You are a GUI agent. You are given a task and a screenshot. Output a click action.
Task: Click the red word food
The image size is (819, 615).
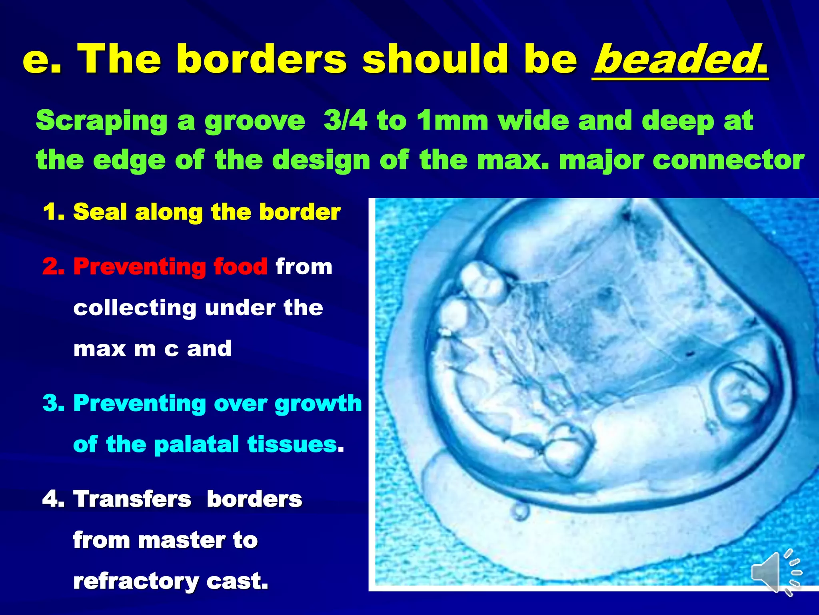point(240,266)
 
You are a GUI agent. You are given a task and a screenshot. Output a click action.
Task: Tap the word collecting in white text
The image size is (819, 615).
point(135,308)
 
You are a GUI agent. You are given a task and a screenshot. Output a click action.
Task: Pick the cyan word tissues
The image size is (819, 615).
point(292,444)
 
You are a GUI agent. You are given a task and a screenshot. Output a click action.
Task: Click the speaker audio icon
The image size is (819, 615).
point(776,572)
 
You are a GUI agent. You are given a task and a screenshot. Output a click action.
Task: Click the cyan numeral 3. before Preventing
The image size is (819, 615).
point(54,403)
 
